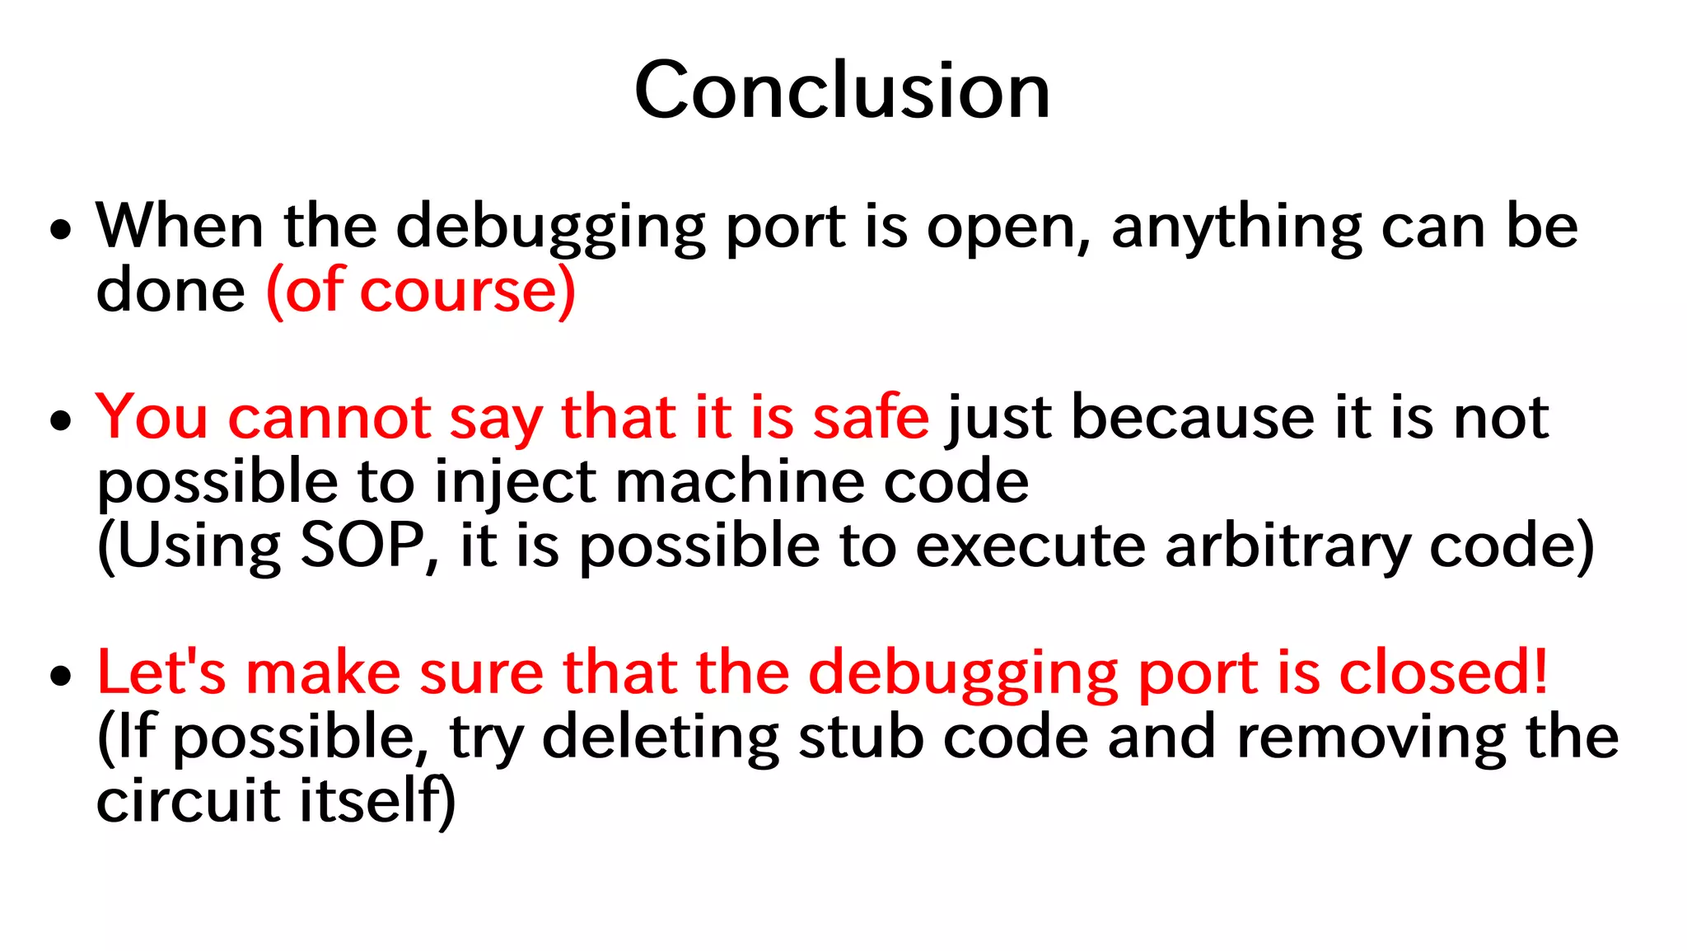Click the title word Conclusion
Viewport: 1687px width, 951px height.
coord(842,91)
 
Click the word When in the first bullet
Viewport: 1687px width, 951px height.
coord(180,226)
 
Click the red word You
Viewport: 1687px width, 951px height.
coord(152,418)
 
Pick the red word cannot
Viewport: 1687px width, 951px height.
coord(329,418)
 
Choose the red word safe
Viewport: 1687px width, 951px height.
coord(871,418)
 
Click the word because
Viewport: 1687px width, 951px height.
coord(1192,418)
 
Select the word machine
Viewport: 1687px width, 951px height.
coord(740,481)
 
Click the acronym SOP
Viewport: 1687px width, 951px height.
coord(362,546)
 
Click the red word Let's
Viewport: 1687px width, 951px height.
coord(161,672)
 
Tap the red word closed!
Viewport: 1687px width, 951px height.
coord(1443,672)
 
